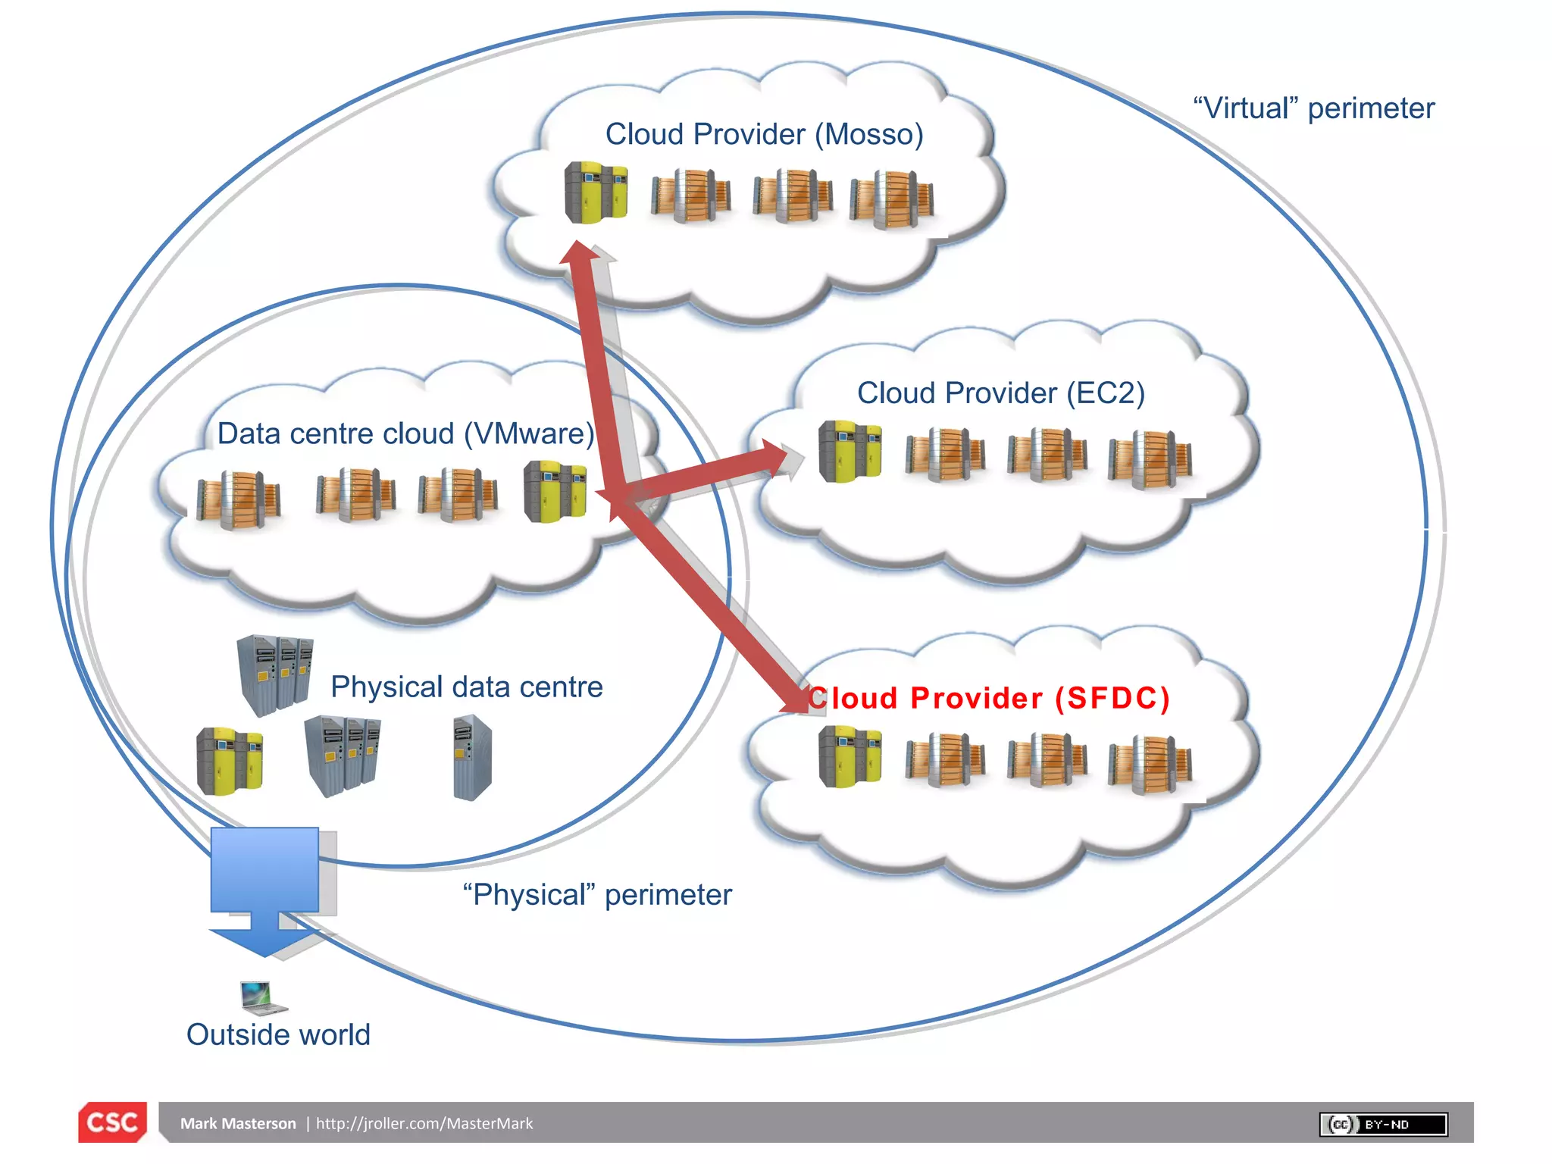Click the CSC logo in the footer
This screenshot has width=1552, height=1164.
tap(112, 1122)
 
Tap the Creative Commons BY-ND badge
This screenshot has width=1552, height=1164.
tap(1383, 1124)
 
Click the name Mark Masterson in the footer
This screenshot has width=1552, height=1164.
tap(238, 1124)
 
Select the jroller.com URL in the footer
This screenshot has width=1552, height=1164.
tap(424, 1124)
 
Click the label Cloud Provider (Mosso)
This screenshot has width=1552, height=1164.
tap(764, 135)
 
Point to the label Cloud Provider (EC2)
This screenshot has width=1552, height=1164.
tap(1000, 393)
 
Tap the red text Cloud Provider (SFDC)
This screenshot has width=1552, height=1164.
tap(989, 698)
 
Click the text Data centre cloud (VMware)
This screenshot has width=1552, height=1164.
tap(405, 433)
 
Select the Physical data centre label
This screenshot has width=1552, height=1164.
tap(466, 687)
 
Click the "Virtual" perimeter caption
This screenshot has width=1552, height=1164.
tap(1313, 108)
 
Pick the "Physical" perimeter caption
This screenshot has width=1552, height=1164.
tap(597, 895)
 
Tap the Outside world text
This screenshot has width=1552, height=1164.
tap(278, 1034)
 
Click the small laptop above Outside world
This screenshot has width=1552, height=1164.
tap(262, 997)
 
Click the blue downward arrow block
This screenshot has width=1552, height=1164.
tap(264, 887)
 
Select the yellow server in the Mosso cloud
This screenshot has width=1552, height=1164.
tap(596, 192)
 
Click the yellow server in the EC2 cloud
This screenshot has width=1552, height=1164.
tap(850, 452)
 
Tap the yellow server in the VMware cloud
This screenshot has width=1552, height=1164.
tap(555, 492)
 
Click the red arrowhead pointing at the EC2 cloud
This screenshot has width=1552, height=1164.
tap(774, 457)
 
